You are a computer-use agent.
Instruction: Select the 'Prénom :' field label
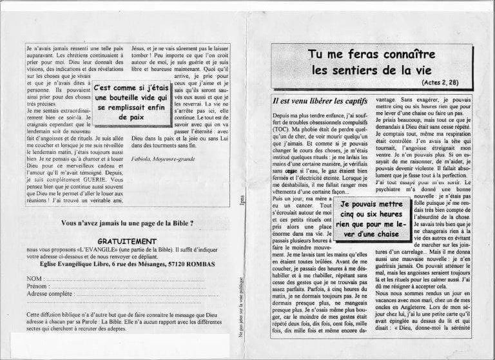point(39,285)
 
